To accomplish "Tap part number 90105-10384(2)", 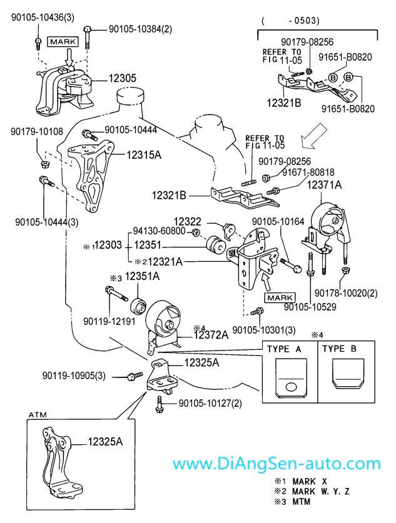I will (x=140, y=29).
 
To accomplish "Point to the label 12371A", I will (x=324, y=185).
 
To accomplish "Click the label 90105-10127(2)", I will (x=210, y=404).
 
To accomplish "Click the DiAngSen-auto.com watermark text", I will (x=275, y=464).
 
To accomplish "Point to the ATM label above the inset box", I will (x=38, y=415).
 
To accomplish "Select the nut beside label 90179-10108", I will (x=44, y=164).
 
